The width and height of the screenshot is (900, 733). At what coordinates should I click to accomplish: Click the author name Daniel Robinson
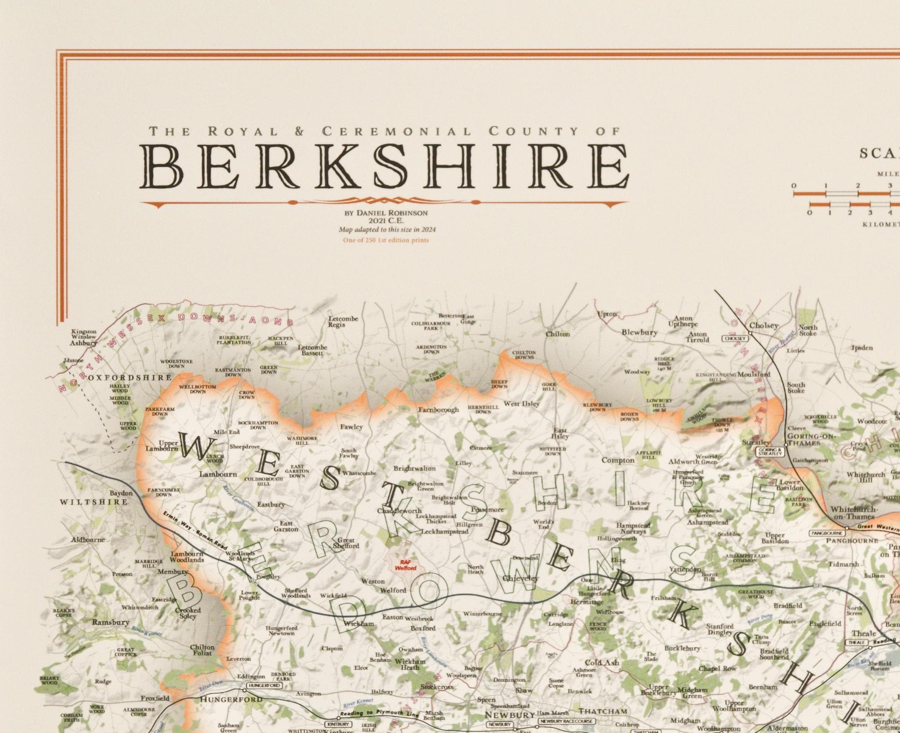click(387, 213)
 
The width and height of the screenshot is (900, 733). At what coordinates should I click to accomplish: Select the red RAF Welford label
click(405, 565)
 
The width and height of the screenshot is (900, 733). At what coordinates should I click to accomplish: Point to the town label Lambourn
click(218, 474)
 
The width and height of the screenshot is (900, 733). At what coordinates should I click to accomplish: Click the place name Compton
click(618, 460)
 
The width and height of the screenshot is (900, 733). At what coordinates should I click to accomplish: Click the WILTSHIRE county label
click(94, 502)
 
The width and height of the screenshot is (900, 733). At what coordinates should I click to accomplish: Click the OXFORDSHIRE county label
click(130, 377)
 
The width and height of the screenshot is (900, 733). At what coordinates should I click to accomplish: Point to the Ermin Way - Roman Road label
click(196, 534)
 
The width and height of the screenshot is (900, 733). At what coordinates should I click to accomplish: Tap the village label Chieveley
click(520, 579)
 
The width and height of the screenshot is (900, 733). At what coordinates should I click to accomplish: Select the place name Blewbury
click(639, 332)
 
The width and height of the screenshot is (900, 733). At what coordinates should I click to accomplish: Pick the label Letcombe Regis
click(343, 322)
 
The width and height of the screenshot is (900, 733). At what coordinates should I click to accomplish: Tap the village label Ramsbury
click(110, 623)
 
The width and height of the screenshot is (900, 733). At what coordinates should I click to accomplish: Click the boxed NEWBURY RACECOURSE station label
click(566, 721)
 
